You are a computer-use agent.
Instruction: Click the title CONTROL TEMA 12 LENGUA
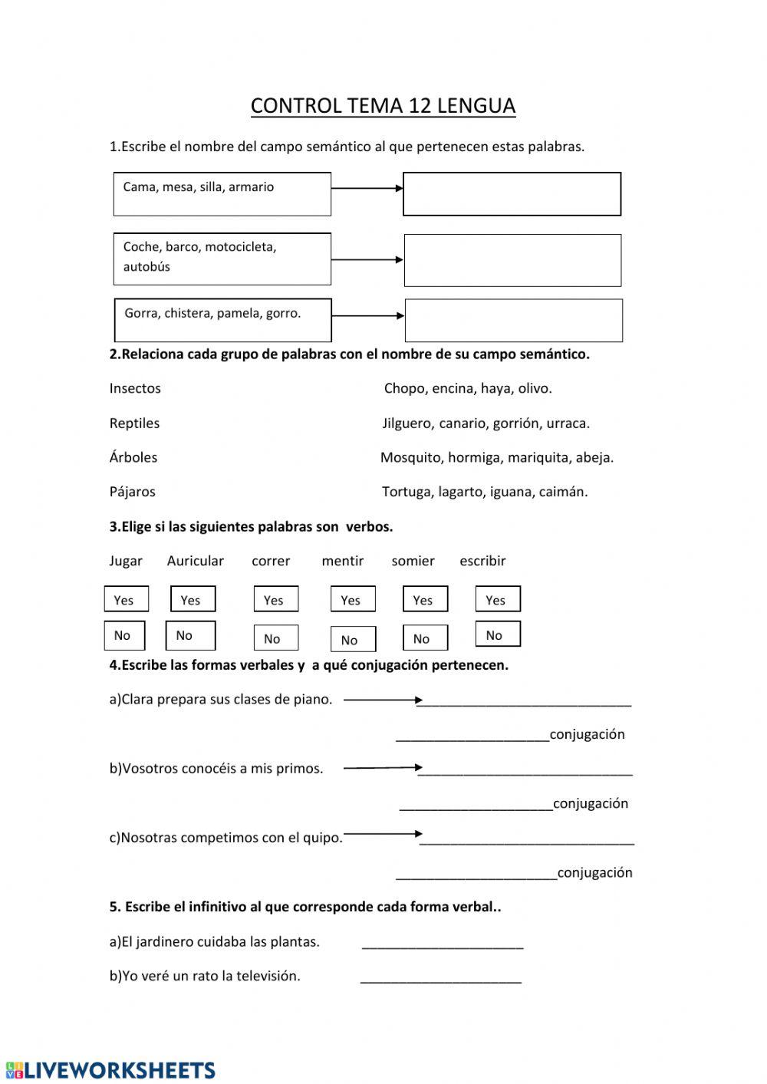[383, 106]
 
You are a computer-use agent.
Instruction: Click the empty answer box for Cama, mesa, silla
[512, 194]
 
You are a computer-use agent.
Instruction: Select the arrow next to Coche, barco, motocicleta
[367, 260]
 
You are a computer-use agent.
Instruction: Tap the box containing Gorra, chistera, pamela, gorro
[222, 320]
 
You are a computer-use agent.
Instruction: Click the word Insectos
[135, 388]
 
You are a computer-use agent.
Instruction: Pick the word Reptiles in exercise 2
[134, 423]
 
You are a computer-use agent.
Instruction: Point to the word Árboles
[133, 457]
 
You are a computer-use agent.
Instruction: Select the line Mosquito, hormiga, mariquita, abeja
[497, 458]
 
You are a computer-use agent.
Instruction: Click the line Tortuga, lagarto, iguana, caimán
[485, 492]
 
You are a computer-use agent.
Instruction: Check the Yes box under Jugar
[126, 600]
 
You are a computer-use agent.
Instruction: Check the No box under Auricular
[190, 635]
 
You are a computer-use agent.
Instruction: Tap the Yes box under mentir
[353, 600]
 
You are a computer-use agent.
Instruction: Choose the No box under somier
[425, 638]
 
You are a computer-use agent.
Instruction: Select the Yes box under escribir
[498, 600]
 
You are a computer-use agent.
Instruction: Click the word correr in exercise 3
[271, 561]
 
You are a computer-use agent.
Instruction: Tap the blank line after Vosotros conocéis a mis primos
[525, 771]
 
